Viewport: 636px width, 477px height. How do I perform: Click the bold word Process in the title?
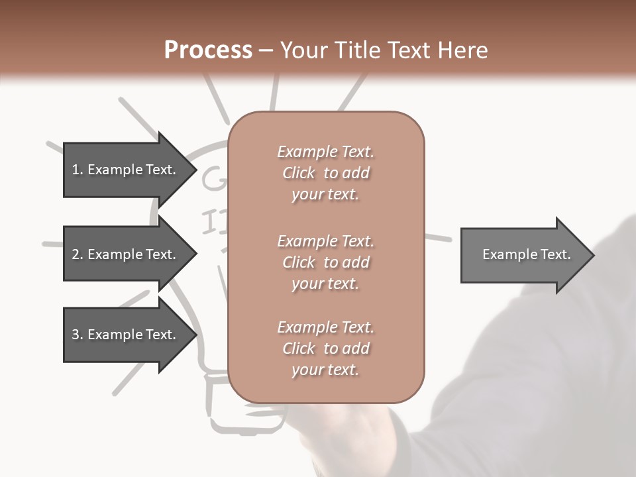coord(208,50)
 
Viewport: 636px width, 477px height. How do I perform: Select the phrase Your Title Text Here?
coord(384,50)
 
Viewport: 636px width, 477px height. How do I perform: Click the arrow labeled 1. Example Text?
coord(124,170)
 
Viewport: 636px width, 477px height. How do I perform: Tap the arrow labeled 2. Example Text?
coord(124,254)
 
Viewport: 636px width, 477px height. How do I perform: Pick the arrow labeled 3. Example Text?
coord(124,335)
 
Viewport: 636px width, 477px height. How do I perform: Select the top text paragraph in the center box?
coord(325,173)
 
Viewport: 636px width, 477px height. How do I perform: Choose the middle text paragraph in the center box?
coord(325,262)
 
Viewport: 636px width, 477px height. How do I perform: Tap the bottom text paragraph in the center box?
coord(325,348)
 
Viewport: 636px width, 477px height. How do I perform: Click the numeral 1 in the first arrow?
coord(75,170)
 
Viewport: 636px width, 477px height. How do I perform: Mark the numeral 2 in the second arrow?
coord(76,254)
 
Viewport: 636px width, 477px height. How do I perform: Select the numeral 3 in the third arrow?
coord(76,335)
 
